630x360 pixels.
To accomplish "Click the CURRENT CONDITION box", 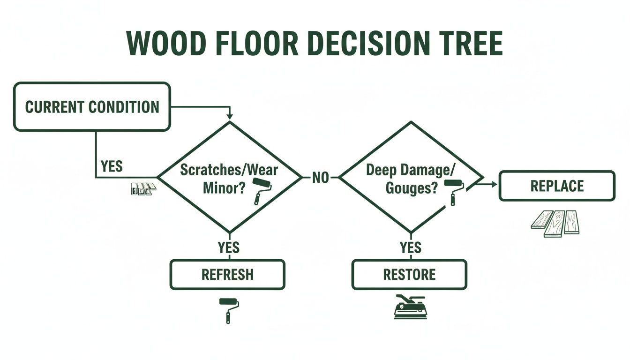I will tap(92, 106).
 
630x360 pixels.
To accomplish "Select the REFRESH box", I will tap(227, 274).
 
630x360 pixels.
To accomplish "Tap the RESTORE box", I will tap(409, 274).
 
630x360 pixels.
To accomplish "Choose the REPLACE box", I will tap(557, 186).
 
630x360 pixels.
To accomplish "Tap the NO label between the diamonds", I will tap(321, 178).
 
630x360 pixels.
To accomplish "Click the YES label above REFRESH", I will tap(229, 247).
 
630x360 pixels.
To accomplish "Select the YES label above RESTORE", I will tap(410, 247).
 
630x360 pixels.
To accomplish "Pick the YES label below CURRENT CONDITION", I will tap(112, 166).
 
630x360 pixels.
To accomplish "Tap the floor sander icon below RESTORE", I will tap(410, 307).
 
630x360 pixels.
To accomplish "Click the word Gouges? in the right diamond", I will tap(412, 188).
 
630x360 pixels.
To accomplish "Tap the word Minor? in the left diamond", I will tap(224, 188).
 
